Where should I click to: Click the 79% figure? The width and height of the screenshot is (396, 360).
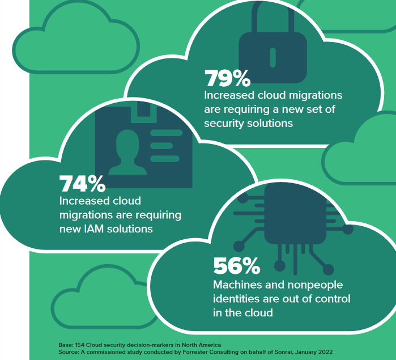[x=228, y=78]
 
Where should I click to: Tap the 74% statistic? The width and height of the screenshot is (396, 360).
[x=82, y=184]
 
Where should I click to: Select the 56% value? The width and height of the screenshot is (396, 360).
[x=237, y=266]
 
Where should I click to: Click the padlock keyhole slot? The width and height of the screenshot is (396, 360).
[x=272, y=58]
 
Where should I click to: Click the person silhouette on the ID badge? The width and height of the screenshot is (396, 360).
[x=127, y=153]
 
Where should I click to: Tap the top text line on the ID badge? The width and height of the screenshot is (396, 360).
[x=166, y=133]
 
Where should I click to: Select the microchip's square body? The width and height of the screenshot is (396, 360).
[x=295, y=214]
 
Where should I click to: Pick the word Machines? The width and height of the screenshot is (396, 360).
[x=237, y=285]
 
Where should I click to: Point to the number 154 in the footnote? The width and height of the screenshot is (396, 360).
[x=80, y=345]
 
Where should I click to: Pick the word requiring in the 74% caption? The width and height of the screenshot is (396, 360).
[x=159, y=215]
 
